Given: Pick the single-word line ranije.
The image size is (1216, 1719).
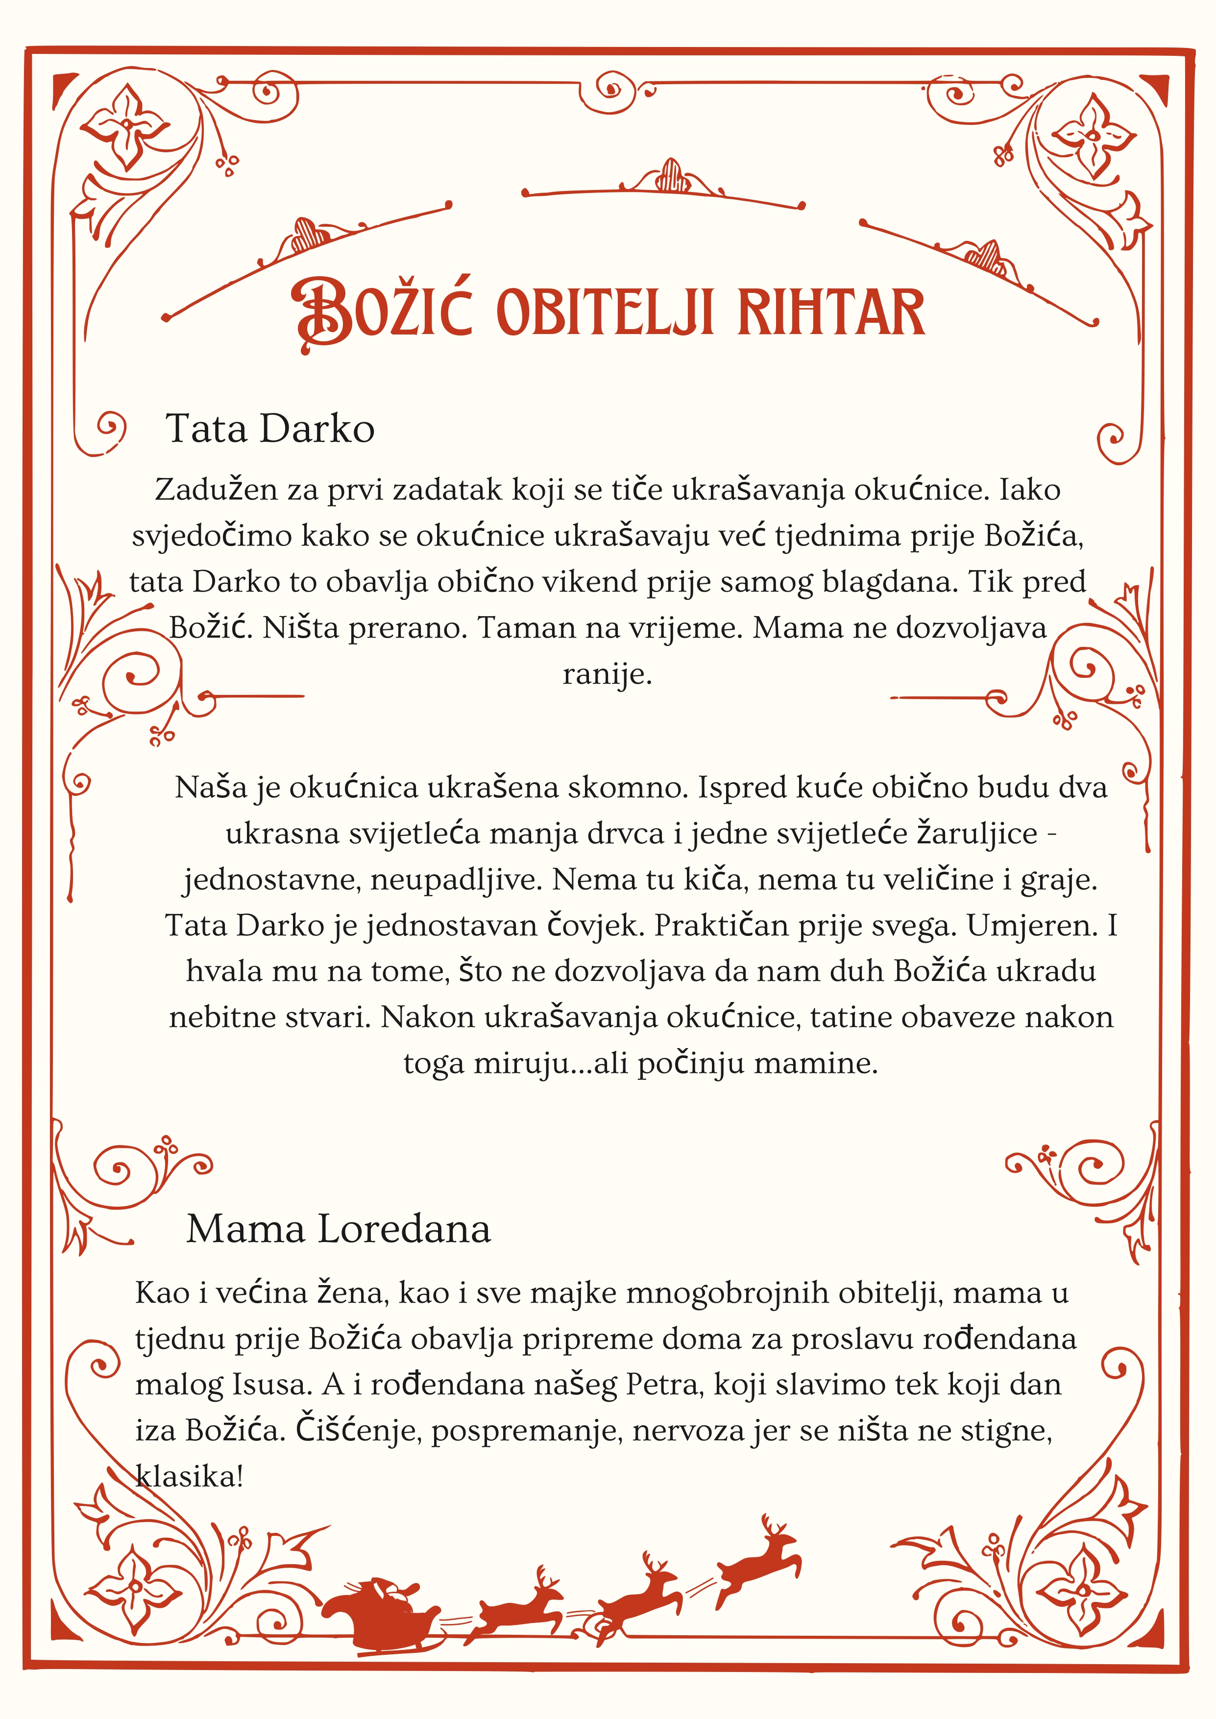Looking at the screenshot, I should click(607, 674).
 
